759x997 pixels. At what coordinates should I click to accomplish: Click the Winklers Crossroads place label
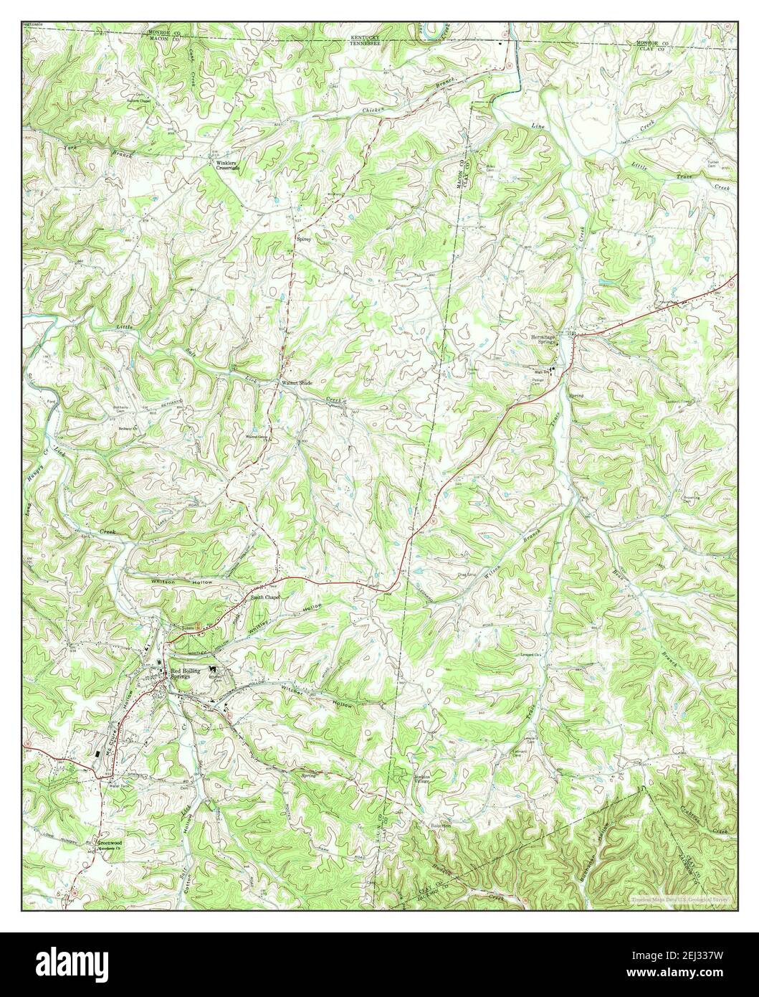pyautogui.click(x=226, y=165)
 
